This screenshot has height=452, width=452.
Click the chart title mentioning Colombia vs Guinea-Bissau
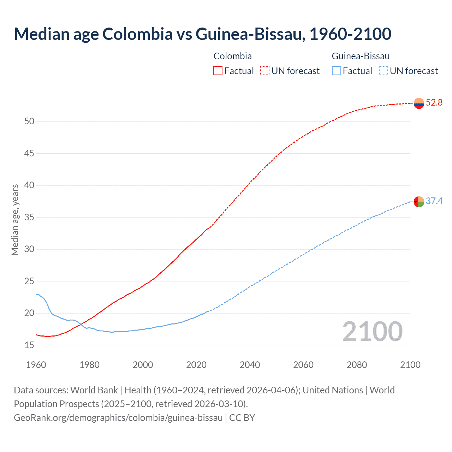pos(202,34)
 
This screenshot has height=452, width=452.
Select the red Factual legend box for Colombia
pos(218,71)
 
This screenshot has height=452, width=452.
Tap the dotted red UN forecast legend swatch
pos(265,71)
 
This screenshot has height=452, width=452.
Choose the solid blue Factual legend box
pos(337,71)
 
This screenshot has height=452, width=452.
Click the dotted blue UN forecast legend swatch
pos(383,71)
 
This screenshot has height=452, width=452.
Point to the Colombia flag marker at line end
pos(419,103)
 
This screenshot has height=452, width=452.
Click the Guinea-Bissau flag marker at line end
pos(419,202)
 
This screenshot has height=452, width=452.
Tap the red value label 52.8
pos(434,103)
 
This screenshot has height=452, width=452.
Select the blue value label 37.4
pos(434,201)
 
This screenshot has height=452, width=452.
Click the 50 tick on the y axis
pos(29,121)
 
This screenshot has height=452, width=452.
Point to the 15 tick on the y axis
pos(29,345)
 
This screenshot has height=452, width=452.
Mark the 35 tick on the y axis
pos(29,217)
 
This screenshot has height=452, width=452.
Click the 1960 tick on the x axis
pos(36,365)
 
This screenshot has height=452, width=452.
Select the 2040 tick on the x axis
pos(250,365)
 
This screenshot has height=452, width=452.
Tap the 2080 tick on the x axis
pos(357,365)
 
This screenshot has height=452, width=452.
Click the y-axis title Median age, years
pos(15,220)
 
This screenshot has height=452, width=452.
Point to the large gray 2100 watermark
pos(372,332)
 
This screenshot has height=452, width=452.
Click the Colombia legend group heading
pos(232,56)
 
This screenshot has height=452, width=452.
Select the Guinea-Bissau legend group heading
pos(361,56)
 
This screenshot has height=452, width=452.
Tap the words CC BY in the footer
pos(242,418)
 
